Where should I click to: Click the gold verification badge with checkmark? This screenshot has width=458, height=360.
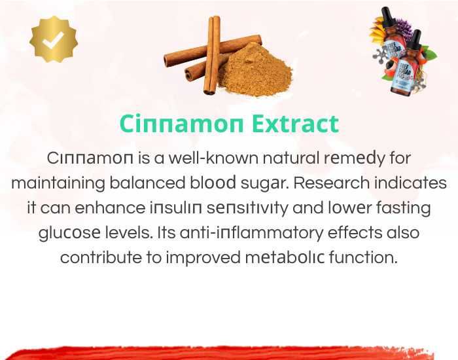click(x=54, y=39)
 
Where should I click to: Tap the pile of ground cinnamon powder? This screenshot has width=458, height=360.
click(x=256, y=71)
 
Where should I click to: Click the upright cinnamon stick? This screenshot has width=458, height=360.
click(x=213, y=55)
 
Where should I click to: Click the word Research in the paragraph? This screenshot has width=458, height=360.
click(x=332, y=183)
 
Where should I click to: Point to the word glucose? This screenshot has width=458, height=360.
click(x=69, y=234)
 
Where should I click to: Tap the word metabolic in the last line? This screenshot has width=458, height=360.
click(x=285, y=258)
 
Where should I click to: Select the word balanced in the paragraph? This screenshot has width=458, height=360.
click(x=147, y=183)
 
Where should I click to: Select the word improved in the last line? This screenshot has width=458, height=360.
click(x=203, y=259)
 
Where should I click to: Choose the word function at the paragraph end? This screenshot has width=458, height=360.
click(x=363, y=258)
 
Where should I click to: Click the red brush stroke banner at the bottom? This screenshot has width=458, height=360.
click(x=219, y=353)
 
